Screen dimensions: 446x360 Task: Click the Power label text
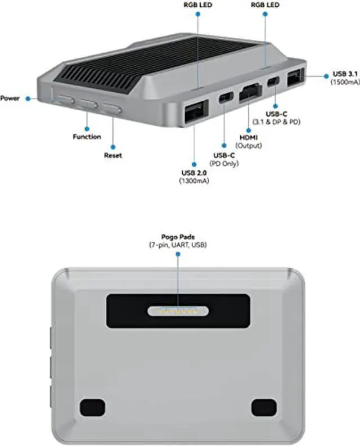(10, 98)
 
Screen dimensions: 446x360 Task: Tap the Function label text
(87, 137)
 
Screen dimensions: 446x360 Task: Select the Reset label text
(112, 155)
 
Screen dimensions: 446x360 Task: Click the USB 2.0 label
(193, 172)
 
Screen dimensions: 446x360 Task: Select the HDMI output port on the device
(250, 93)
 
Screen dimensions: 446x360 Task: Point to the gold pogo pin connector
(177, 310)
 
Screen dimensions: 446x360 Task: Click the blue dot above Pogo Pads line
(178, 255)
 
